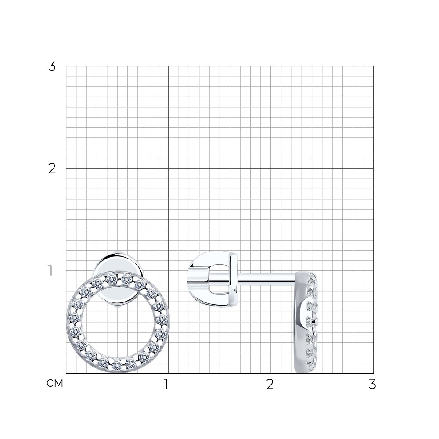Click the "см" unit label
click(55, 383)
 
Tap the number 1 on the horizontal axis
click(166, 384)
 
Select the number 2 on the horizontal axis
click(270, 384)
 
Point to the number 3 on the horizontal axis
click(372, 384)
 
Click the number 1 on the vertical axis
click(50, 271)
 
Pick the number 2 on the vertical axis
click(52, 169)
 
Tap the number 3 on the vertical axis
click(52, 66)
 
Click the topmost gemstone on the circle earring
click(111, 278)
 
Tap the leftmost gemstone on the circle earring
click(74, 318)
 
